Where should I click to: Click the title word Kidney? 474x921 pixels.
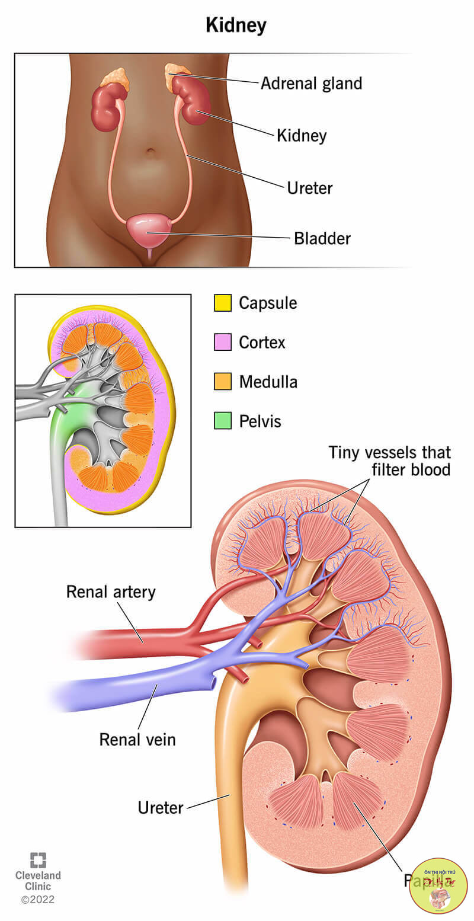(236, 25)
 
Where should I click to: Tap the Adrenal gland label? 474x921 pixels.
(311, 83)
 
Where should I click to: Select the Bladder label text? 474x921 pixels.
(322, 238)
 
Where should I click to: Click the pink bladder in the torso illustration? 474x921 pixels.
(149, 228)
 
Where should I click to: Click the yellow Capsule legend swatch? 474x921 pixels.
(223, 303)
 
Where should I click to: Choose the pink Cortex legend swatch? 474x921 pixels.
(223, 342)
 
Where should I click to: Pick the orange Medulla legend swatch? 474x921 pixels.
(223, 382)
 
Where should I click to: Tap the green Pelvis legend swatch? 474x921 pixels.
(223, 421)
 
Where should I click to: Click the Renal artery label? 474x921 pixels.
(111, 591)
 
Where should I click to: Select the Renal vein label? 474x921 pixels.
(137, 739)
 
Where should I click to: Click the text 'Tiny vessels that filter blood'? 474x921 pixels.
(390, 461)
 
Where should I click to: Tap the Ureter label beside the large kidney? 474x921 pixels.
(161, 807)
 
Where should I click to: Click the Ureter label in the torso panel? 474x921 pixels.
(310, 188)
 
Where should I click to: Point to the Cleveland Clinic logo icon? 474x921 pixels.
(38, 861)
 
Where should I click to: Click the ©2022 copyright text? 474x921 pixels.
(38, 900)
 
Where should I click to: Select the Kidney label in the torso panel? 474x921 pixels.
(302, 135)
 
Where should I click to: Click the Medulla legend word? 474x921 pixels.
(268, 382)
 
